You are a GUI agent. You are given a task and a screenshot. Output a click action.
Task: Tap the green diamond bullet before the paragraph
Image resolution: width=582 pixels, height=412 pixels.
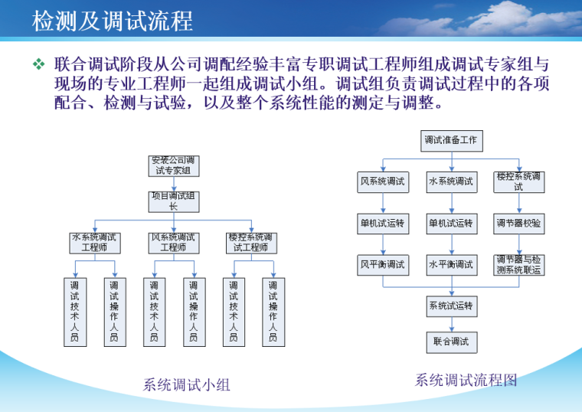pos(38,64)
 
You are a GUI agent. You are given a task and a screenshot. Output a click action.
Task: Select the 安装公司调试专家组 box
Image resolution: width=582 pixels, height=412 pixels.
pos(174,165)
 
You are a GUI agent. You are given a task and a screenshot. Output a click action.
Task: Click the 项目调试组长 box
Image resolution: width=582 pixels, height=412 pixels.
pos(174,201)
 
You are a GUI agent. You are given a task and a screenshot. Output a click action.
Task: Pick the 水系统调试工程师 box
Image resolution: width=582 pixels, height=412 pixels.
pos(94,243)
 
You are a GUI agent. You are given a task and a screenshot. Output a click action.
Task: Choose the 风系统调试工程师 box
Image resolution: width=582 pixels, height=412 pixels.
pos(174,243)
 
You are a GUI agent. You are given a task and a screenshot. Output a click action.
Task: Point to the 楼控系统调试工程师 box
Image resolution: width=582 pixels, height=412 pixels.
pos(253,243)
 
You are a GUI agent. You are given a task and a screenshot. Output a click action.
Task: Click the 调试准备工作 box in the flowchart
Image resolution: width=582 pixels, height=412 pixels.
pos(450,141)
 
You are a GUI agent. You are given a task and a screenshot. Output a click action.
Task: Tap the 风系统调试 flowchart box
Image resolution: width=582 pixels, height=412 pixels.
pos(383,182)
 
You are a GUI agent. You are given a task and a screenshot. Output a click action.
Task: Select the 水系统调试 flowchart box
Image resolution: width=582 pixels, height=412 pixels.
pos(450,182)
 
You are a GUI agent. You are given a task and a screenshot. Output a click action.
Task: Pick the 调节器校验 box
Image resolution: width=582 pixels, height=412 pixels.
pos(518,224)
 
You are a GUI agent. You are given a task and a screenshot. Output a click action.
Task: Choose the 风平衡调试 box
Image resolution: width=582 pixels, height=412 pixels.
pos(383,265)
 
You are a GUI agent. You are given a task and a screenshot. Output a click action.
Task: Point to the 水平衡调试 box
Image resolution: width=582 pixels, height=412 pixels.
pos(450,265)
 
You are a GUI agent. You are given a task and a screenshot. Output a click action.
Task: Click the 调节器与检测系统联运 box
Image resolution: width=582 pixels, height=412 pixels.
pos(518,265)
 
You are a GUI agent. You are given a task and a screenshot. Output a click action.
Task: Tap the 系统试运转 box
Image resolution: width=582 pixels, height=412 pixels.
pos(450,306)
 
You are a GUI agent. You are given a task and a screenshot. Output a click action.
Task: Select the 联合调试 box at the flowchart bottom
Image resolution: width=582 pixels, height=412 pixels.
pos(450,342)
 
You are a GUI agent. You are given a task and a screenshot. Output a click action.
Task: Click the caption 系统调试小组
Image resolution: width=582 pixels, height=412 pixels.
pos(186,385)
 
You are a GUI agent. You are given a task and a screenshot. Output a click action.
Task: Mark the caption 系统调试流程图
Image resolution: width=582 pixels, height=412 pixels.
pos(466,380)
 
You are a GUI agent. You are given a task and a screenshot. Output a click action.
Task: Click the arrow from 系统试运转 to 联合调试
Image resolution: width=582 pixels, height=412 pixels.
pos(450,324)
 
